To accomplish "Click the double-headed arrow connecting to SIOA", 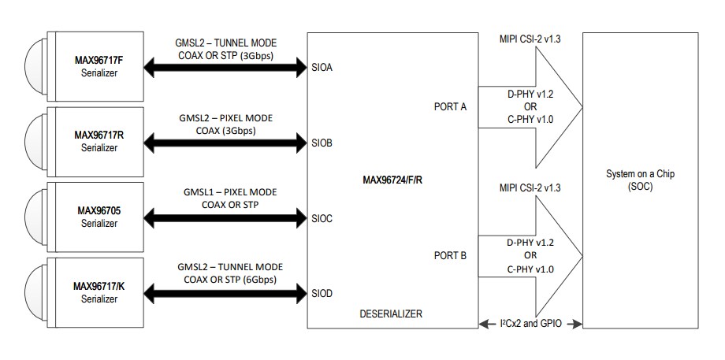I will (x=225, y=69).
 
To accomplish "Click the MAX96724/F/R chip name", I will (x=392, y=180).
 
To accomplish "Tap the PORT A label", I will (x=452, y=106).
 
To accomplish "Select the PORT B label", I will (x=452, y=255).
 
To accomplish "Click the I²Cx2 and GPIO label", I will (x=530, y=323).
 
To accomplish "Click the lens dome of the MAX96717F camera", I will (x=34, y=67).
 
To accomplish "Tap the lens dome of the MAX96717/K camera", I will (x=34, y=292).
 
